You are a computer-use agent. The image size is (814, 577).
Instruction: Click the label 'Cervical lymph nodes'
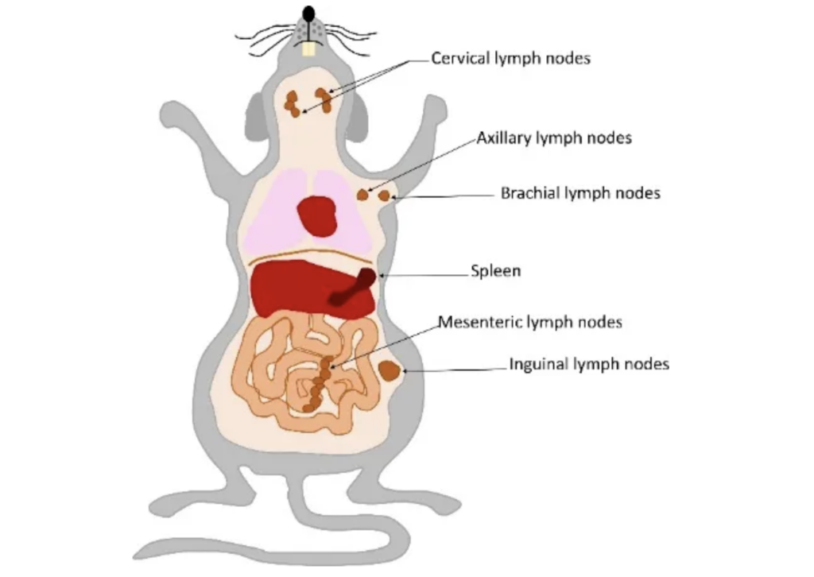[510, 58]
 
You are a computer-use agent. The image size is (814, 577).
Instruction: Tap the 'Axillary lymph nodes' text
[554, 138]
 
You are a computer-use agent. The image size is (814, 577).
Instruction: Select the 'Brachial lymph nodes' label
[580, 194]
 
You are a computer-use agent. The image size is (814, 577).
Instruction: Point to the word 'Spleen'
[496, 271]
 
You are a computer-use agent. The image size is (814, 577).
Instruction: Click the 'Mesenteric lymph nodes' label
[530, 322]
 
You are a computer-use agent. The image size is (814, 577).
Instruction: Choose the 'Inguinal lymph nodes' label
[589, 364]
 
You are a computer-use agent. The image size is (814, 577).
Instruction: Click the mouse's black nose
[309, 14]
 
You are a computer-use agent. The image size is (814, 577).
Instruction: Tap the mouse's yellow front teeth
[309, 48]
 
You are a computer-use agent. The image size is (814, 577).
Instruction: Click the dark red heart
[317, 216]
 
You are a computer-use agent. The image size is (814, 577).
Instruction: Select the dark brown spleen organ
[353, 287]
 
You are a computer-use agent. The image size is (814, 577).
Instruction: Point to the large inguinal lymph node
[389, 371]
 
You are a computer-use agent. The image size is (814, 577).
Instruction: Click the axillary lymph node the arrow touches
[362, 195]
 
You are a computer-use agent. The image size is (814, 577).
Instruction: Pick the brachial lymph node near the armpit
[384, 196]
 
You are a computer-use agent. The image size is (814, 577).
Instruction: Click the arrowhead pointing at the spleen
[382, 276]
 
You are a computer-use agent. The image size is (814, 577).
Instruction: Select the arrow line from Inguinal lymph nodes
[455, 370]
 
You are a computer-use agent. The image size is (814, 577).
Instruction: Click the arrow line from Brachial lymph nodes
[443, 196]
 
